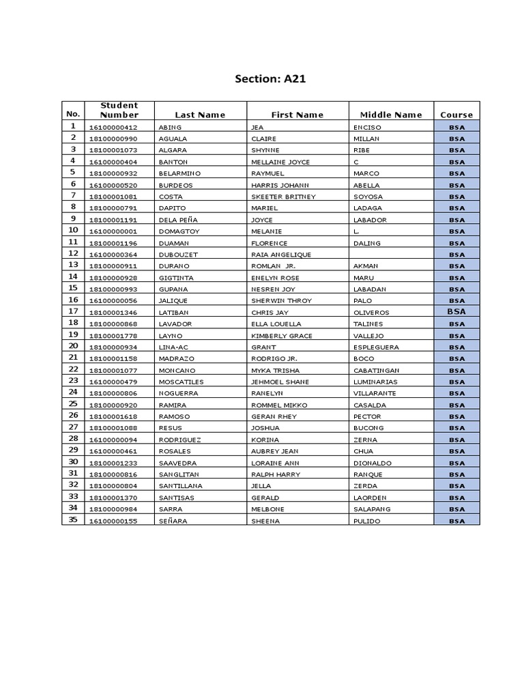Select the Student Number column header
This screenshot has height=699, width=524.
[x=119, y=110]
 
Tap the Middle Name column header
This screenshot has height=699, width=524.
[x=391, y=115]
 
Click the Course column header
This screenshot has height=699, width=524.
[x=456, y=115]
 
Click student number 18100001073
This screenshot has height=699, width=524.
[x=113, y=150]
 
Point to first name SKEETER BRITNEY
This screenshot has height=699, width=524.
[x=283, y=197]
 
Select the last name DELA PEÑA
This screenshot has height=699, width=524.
[x=177, y=220]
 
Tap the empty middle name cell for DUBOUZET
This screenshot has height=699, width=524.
[x=391, y=255]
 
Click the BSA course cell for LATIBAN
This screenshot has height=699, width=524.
[x=456, y=312]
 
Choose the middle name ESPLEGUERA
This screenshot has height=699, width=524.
[x=376, y=347]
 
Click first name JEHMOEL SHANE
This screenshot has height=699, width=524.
[x=280, y=382]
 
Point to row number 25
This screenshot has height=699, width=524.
[x=73, y=404]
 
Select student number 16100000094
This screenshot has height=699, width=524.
[x=113, y=440]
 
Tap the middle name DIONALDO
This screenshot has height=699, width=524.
[x=373, y=463]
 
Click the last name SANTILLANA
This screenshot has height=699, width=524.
[x=180, y=486]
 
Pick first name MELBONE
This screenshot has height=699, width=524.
[x=267, y=509]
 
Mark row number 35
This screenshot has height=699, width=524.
[x=73, y=520]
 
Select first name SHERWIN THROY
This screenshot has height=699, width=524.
[x=281, y=301]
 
